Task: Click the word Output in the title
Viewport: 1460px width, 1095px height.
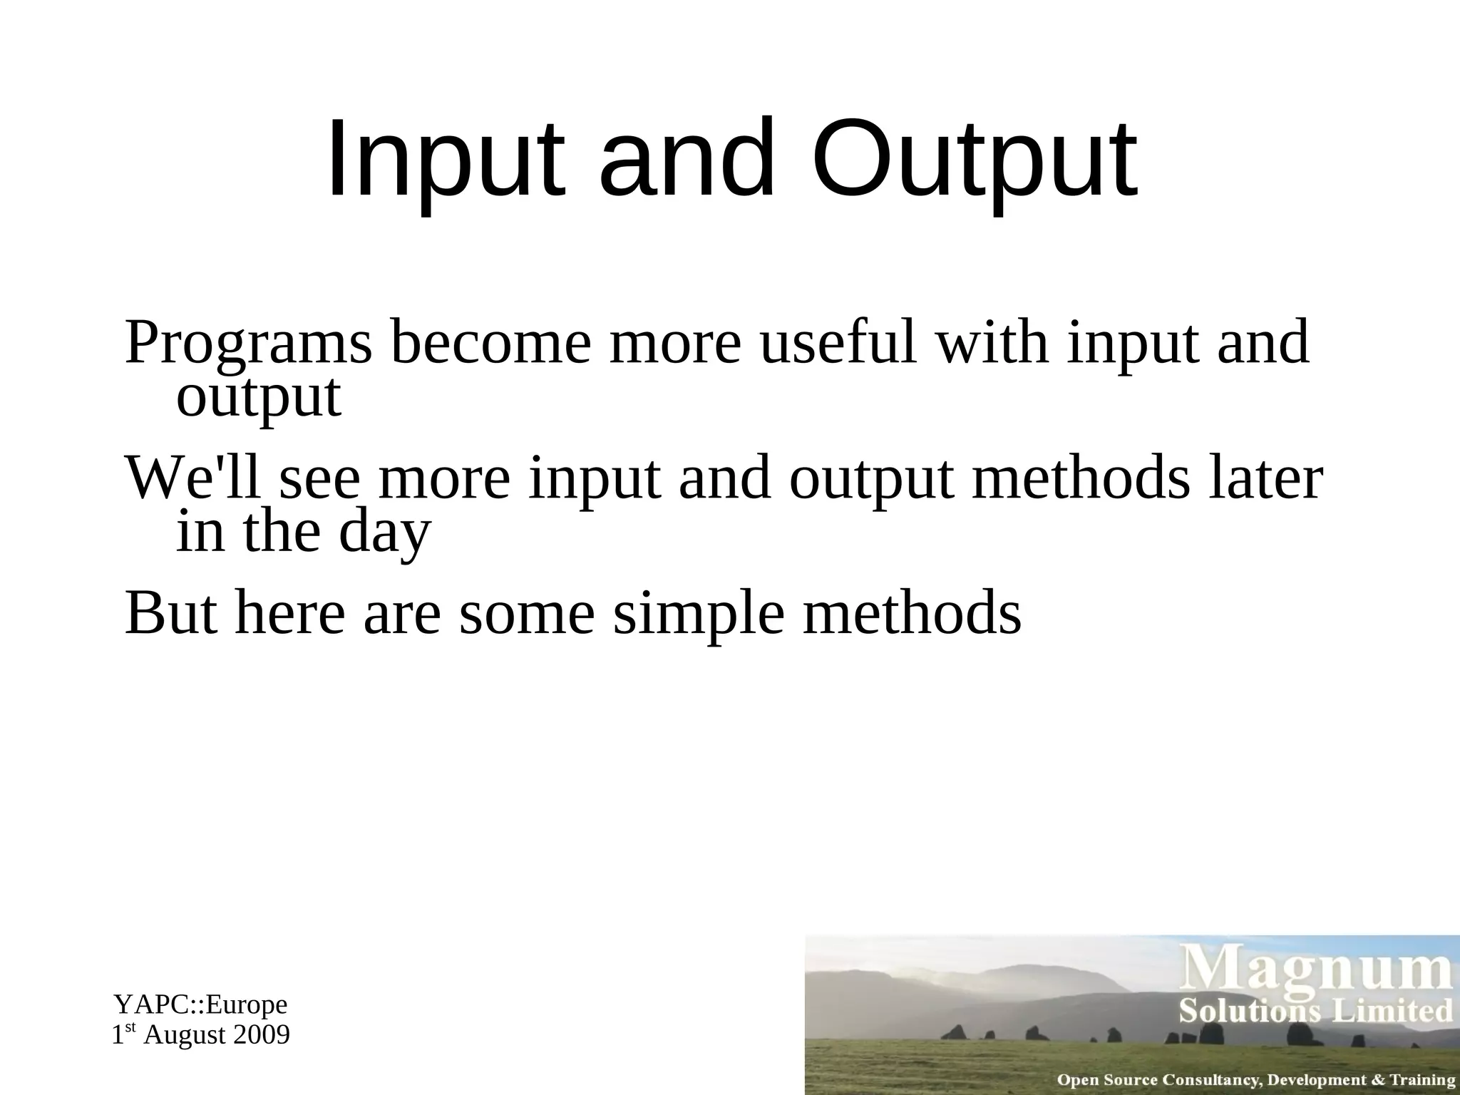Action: (973, 160)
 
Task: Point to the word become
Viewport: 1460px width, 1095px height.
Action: (490, 343)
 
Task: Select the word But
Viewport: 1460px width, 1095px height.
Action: (171, 612)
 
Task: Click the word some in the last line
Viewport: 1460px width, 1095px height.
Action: (527, 614)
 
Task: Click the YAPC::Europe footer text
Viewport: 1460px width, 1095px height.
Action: (200, 1004)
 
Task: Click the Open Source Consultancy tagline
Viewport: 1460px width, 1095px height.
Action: (1255, 1079)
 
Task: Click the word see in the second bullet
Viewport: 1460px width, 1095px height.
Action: (320, 478)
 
